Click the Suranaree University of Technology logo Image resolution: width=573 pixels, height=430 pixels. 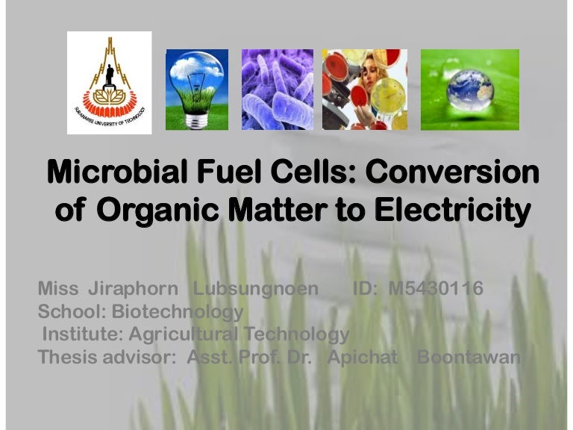pyautogui.click(x=109, y=83)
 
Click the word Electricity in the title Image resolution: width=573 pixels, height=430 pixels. pyautogui.click(x=457, y=211)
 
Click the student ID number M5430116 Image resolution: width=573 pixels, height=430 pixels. pyautogui.click(x=436, y=289)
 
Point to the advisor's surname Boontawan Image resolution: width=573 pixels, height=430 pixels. pyautogui.click(x=468, y=357)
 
